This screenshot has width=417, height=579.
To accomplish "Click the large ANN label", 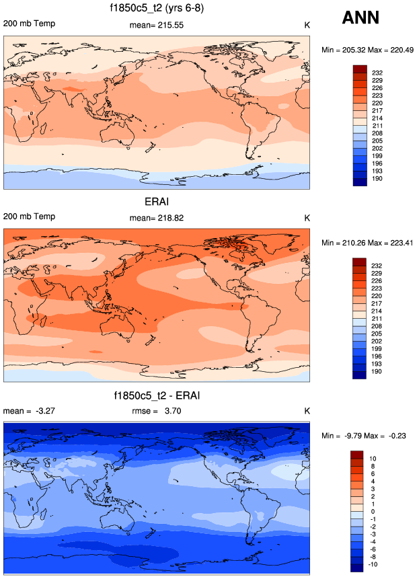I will [x=360, y=17].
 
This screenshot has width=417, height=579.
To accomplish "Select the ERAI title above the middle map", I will [x=156, y=201].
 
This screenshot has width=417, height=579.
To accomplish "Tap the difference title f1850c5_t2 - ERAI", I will [x=157, y=395].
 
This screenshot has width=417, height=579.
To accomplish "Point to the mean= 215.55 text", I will [x=157, y=25].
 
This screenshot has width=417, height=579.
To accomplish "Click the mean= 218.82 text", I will [x=157, y=218].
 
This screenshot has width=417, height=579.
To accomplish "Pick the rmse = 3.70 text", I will [x=157, y=411].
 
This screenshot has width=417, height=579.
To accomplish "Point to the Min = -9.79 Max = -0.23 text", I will [x=365, y=436].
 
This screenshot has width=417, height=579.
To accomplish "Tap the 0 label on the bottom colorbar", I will [x=374, y=512].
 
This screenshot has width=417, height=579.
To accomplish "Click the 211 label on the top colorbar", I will [x=377, y=124].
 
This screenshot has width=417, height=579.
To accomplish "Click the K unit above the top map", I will [x=307, y=24].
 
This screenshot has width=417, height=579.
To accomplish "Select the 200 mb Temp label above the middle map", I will [x=29, y=217].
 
